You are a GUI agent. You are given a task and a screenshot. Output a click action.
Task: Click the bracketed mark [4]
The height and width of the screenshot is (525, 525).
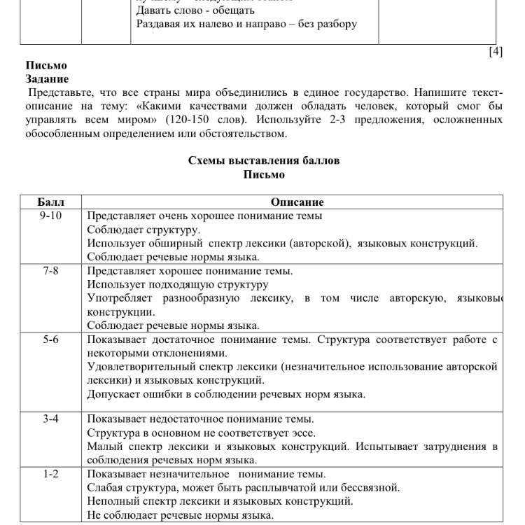click(x=496, y=52)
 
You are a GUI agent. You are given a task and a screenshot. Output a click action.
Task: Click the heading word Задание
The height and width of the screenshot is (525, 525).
click(x=47, y=79)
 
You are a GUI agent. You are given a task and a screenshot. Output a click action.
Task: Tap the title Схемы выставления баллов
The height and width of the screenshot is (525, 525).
click(x=263, y=160)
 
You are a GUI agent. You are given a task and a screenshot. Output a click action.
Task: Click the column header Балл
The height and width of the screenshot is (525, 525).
click(x=50, y=202)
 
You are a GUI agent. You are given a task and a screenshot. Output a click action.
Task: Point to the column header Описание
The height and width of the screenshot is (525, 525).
click(x=297, y=202)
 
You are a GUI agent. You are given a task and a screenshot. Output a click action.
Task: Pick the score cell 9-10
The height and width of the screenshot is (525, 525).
click(x=50, y=216)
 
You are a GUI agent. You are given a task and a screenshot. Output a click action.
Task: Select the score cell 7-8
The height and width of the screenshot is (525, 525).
click(x=50, y=271)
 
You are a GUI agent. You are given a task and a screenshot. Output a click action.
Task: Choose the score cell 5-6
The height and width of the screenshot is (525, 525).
click(x=50, y=340)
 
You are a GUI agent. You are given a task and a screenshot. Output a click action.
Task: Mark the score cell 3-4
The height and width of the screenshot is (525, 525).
click(x=50, y=419)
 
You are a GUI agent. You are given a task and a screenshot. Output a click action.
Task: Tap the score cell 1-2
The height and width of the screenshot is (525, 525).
click(x=50, y=475)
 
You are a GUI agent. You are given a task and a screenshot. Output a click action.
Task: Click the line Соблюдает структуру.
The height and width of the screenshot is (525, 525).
click(x=143, y=230)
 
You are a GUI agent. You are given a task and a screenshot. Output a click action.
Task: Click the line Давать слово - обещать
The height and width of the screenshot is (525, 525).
click(x=195, y=10)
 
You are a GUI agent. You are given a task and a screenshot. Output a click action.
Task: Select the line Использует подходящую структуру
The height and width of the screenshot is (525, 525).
click(x=178, y=285)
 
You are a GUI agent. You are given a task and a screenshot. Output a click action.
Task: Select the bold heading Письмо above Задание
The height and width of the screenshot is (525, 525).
click(x=46, y=66)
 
